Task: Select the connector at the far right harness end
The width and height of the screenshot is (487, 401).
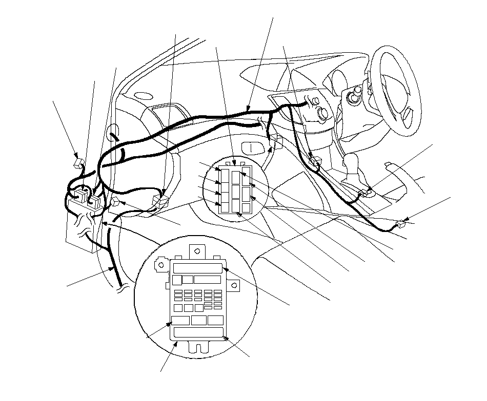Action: [x=401, y=223]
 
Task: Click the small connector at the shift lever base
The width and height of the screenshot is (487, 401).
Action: [x=364, y=194]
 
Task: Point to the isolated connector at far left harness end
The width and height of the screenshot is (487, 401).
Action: [x=78, y=162]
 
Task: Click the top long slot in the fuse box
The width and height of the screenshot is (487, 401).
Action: [x=197, y=268]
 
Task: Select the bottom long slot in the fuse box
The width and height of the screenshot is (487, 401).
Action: [x=198, y=332]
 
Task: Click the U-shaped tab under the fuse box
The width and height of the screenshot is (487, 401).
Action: [x=198, y=348]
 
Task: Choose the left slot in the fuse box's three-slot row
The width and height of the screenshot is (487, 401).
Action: [x=180, y=321]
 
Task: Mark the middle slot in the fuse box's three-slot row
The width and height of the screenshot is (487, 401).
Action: [x=198, y=321]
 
